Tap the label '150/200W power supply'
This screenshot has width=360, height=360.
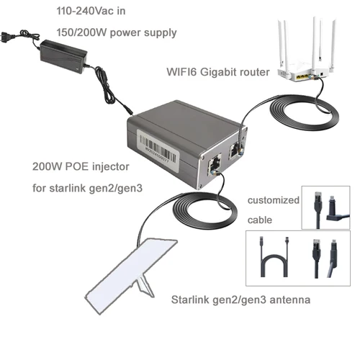pos(117,32)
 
